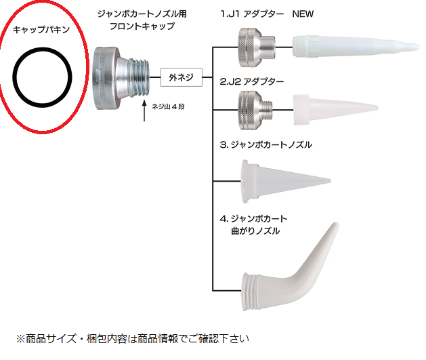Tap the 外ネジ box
click(x=181, y=77)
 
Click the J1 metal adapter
click(x=253, y=46)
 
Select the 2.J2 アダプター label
click(x=252, y=83)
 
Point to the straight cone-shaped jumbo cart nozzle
click(x=281, y=180)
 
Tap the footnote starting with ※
click(x=133, y=337)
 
